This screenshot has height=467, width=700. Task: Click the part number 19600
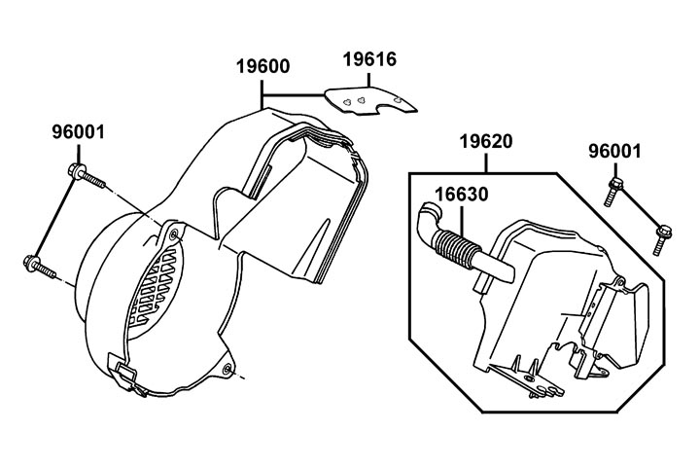click(263, 67)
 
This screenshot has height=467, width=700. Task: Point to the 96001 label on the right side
click(614, 151)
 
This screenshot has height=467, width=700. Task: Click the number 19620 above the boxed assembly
click(484, 143)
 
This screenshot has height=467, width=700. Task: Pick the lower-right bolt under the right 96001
click(661, 234)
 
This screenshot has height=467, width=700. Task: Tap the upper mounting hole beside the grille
click(173, 234)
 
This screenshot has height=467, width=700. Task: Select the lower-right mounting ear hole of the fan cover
click(227, 368)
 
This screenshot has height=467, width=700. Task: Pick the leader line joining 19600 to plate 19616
click(292, 94)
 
